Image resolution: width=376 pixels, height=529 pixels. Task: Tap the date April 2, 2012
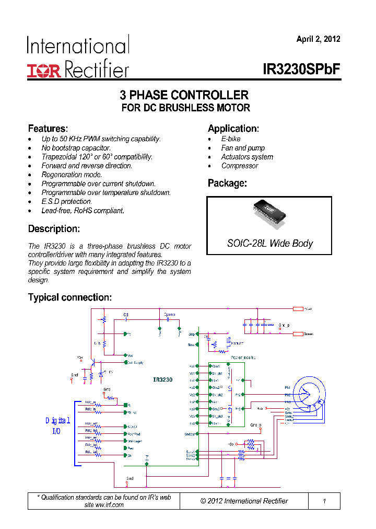[x=318, y=39]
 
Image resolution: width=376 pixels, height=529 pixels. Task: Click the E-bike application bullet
[x=231, y=139]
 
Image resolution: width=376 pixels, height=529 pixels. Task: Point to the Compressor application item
[x=240, y=166]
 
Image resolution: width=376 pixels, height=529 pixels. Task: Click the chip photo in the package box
[x=269, y=211]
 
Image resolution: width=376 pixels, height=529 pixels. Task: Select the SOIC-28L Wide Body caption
[x=269, y=243]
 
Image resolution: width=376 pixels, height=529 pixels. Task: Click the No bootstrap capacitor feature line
[x=76, y=148]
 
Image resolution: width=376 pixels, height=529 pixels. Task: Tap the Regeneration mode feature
[x=72, y=175]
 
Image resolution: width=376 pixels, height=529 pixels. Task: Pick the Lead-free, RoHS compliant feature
[x=83, y=211]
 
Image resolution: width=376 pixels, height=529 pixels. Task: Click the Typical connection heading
[x=69, y=297]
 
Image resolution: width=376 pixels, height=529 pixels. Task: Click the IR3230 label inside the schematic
[x=163, y=379]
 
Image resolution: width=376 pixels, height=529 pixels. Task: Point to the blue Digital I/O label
[x=57, y=425]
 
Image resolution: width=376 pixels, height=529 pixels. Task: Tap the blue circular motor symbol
[x=309, y=393]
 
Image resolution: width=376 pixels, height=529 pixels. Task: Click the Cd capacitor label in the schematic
[x=126, y=315]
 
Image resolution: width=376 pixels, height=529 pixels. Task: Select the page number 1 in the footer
[x=324, y=501]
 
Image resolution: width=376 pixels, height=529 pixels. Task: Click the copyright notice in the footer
[x=244, y=501]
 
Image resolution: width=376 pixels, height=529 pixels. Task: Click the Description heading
[x=54, y=229]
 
